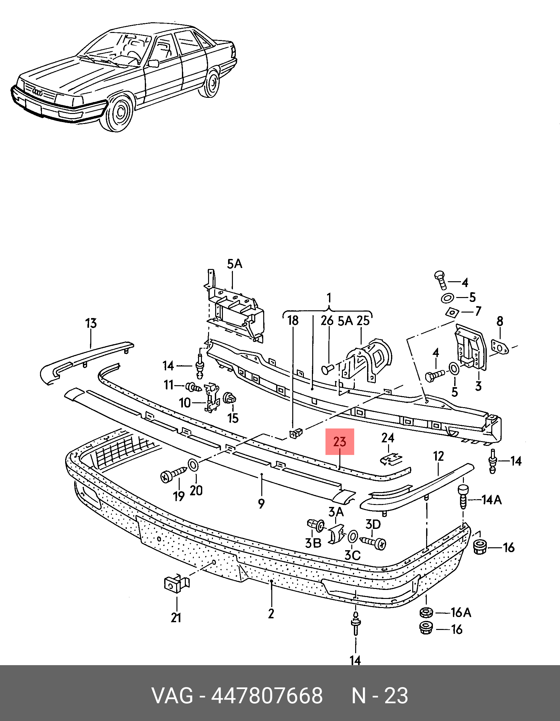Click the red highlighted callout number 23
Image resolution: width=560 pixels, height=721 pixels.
pos(340,442)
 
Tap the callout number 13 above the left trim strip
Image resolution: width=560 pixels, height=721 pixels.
pos(91,323)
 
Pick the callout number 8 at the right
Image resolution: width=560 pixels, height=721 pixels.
pos(500,321)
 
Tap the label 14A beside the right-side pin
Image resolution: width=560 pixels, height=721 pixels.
pos(492,500)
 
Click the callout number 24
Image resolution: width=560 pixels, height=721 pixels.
pos(388,438)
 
